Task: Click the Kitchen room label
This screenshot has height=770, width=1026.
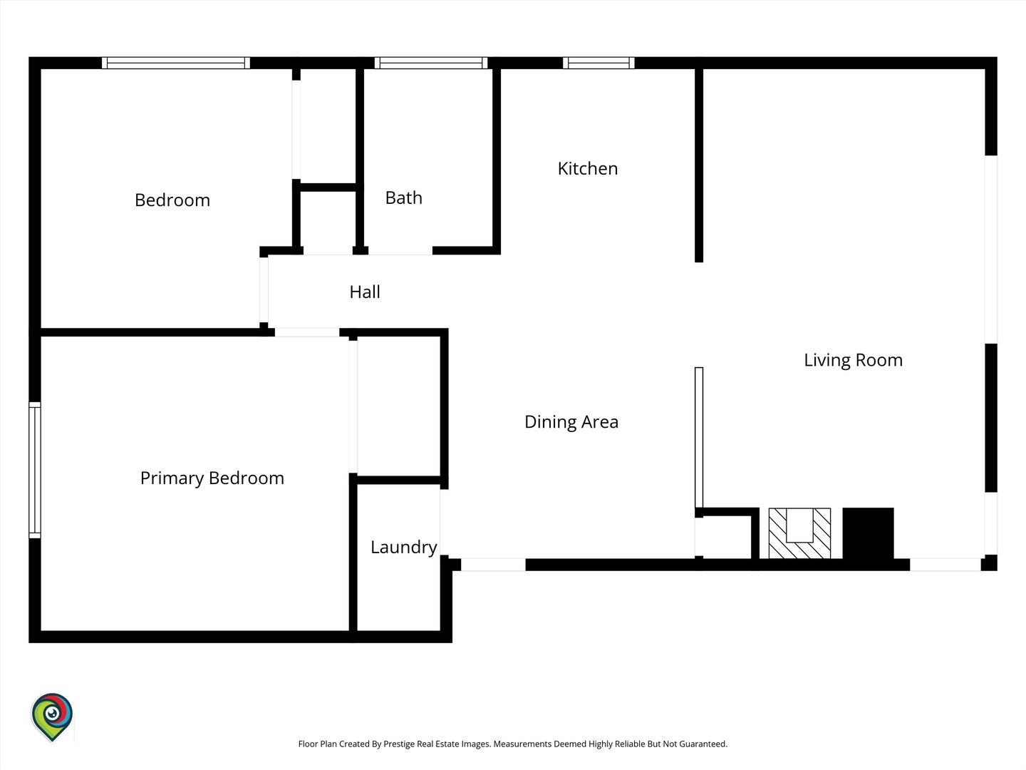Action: tap(588, 169)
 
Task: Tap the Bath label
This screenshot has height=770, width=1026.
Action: tap(404, 197)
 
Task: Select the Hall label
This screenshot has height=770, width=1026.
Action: tap(365, 292)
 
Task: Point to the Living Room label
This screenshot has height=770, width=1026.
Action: tap(853, 361)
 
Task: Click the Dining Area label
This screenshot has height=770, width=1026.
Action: tap(571, 421)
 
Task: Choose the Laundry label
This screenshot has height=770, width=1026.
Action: tap(404, 548)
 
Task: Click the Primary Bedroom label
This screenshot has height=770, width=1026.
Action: tap(212, 478)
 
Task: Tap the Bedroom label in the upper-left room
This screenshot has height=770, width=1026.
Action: tap(172, 200)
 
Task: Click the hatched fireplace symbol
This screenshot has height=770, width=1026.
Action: tap(799, 533)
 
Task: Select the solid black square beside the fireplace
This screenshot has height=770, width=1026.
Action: tap(868, 533)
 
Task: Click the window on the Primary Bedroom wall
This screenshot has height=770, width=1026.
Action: tap(35, 470)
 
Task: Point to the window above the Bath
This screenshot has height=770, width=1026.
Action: tap(431, 63)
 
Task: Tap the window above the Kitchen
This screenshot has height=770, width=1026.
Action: tap(598, 63)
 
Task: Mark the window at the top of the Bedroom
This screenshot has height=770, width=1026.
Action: tap(176, 63)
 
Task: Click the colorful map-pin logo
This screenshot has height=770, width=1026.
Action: tap(52, 717)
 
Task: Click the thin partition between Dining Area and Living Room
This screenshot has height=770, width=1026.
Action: tap(699, 438)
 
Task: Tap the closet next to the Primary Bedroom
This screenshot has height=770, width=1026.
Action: tap(399, 406)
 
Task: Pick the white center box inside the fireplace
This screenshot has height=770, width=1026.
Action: tap(799, 525)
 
